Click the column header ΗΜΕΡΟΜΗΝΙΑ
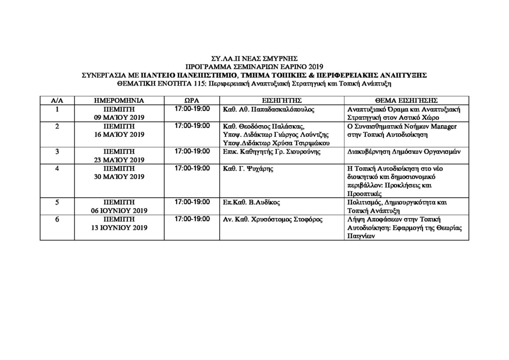(119, 100)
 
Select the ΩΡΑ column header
(191, 100)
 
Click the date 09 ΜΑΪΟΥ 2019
(119, 118)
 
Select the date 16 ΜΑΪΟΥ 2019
(119, 135)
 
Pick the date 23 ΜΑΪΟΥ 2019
(119, 160)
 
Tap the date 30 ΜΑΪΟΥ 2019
(119, 177)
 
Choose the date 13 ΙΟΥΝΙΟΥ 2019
(119, 228)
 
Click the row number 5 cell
(57, 202)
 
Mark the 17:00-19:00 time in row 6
(192, 219)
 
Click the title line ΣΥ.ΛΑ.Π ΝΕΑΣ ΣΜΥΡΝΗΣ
(254, 58)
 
